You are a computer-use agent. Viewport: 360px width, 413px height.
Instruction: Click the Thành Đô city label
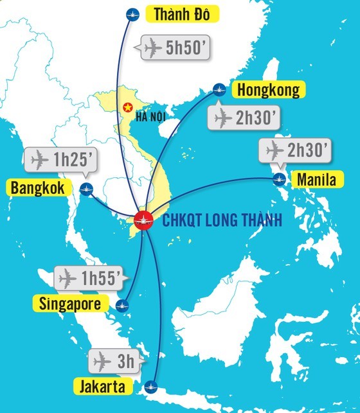tap(178, 13)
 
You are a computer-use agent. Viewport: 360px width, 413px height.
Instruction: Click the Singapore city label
tap(70, 304)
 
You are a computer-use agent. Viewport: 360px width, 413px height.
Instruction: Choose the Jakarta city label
tap(107, 387)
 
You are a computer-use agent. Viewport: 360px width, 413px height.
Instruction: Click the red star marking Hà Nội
tap(127, 107)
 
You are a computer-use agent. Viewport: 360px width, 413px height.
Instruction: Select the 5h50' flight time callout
tap(174, 48)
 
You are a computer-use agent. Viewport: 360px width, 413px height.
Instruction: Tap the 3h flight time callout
tap(114, 361)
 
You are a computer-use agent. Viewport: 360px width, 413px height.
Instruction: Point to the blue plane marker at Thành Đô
tap(132, 13)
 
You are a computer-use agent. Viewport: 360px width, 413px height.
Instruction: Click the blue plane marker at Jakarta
tap(152, 386)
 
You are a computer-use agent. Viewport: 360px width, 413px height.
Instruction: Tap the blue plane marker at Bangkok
tap(87, 189)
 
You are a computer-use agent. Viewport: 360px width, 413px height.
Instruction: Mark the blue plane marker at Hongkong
tap(219, 89)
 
